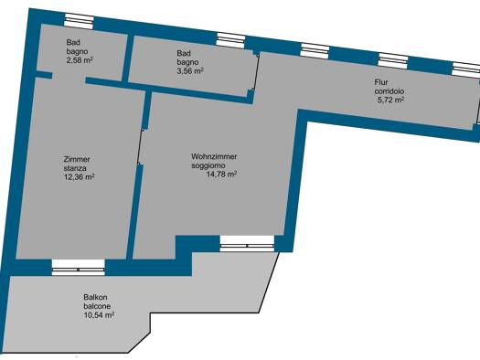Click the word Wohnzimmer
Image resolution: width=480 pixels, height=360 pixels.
tap(214, 156)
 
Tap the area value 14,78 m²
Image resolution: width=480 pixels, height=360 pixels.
tap(222, 175)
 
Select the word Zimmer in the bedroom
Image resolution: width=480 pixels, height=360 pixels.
tap(77, 159)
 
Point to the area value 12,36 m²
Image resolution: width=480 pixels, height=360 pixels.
tap(79, 176)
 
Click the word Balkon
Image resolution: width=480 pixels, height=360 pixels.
tap(95, 297)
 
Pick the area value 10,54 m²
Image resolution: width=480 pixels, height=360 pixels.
tap(99, 314)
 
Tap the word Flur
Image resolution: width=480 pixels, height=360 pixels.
tap(381, 82)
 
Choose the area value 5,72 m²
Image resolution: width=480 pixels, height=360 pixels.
tap(390, 100)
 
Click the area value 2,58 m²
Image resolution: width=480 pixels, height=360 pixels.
tap(80, 60)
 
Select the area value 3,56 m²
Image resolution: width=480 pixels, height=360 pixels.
tap(190, 71)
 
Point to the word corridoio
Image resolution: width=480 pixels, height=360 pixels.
tap(389, 91)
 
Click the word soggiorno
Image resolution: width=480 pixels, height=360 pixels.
tap(208, 165)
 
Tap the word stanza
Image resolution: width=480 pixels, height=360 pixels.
tap(75, 168)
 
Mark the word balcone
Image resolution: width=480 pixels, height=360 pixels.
tap(97, 306)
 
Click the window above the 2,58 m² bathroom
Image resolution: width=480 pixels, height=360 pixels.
tap(79, 21)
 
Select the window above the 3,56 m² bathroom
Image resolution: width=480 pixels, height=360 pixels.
tap(230, 40)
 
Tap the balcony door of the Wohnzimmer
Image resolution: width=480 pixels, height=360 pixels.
tap(247, 244)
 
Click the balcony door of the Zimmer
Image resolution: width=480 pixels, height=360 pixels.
tap(79, 268)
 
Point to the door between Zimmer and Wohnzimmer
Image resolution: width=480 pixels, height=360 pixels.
tap(141, 147)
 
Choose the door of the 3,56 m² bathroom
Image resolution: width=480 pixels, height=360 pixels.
tap(255, 72)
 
